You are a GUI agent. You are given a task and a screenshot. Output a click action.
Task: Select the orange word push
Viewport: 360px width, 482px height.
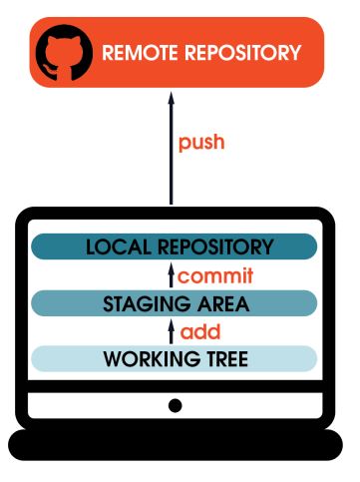pos(201,142)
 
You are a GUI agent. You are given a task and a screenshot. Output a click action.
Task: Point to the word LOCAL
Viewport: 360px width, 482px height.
pos(117,246)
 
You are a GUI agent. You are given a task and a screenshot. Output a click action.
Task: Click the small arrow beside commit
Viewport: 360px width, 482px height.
pos(172,275)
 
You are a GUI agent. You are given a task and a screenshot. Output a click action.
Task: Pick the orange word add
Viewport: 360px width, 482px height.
pos(201,331)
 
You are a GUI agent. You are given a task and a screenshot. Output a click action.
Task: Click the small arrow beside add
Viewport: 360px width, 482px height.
pos(172,331)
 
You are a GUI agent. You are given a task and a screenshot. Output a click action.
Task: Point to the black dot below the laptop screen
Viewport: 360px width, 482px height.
pos(176,405)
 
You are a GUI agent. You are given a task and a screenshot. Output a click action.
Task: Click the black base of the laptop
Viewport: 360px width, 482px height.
pos(176,444)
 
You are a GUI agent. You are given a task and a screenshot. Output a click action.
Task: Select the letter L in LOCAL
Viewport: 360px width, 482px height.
pos(91,246)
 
